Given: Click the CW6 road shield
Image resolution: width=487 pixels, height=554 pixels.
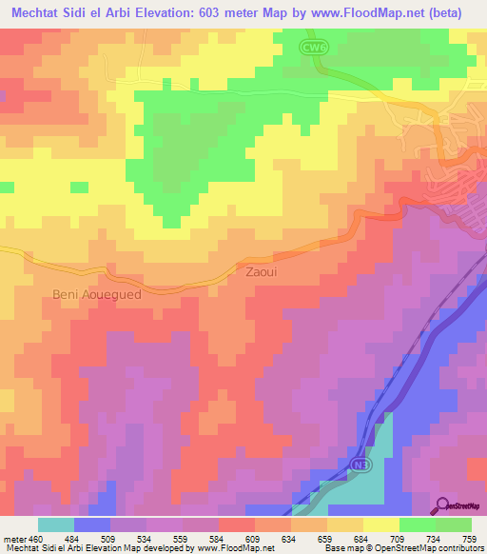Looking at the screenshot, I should [316, 46].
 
